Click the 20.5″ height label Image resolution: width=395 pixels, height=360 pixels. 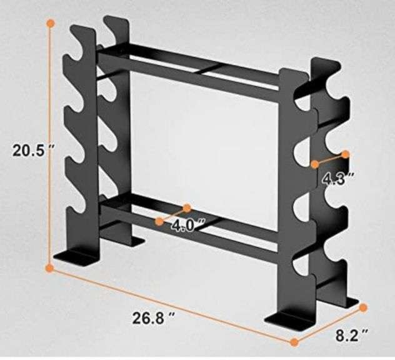point(31,150)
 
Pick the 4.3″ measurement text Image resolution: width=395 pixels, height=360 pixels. point(339,179)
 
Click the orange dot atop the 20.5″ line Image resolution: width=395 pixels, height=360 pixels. point(51,22)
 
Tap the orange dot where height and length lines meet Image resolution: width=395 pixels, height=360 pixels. point(50,268)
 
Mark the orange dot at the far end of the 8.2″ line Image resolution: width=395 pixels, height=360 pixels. point(363,307)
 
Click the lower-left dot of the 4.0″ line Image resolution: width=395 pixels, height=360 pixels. point(159,221)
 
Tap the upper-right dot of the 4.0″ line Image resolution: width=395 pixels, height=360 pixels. point(187,207)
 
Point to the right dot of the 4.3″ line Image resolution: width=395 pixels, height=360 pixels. point(344,153)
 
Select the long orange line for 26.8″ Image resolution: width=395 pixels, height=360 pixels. point(172,305)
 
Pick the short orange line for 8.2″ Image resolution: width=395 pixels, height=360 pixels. point(329,324)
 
